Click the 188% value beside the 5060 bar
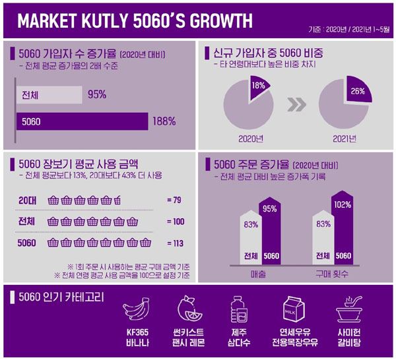pos(164,121)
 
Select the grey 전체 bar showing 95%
pos(49,94)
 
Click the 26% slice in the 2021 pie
pos(356,92)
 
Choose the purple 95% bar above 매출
pos(271,231)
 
